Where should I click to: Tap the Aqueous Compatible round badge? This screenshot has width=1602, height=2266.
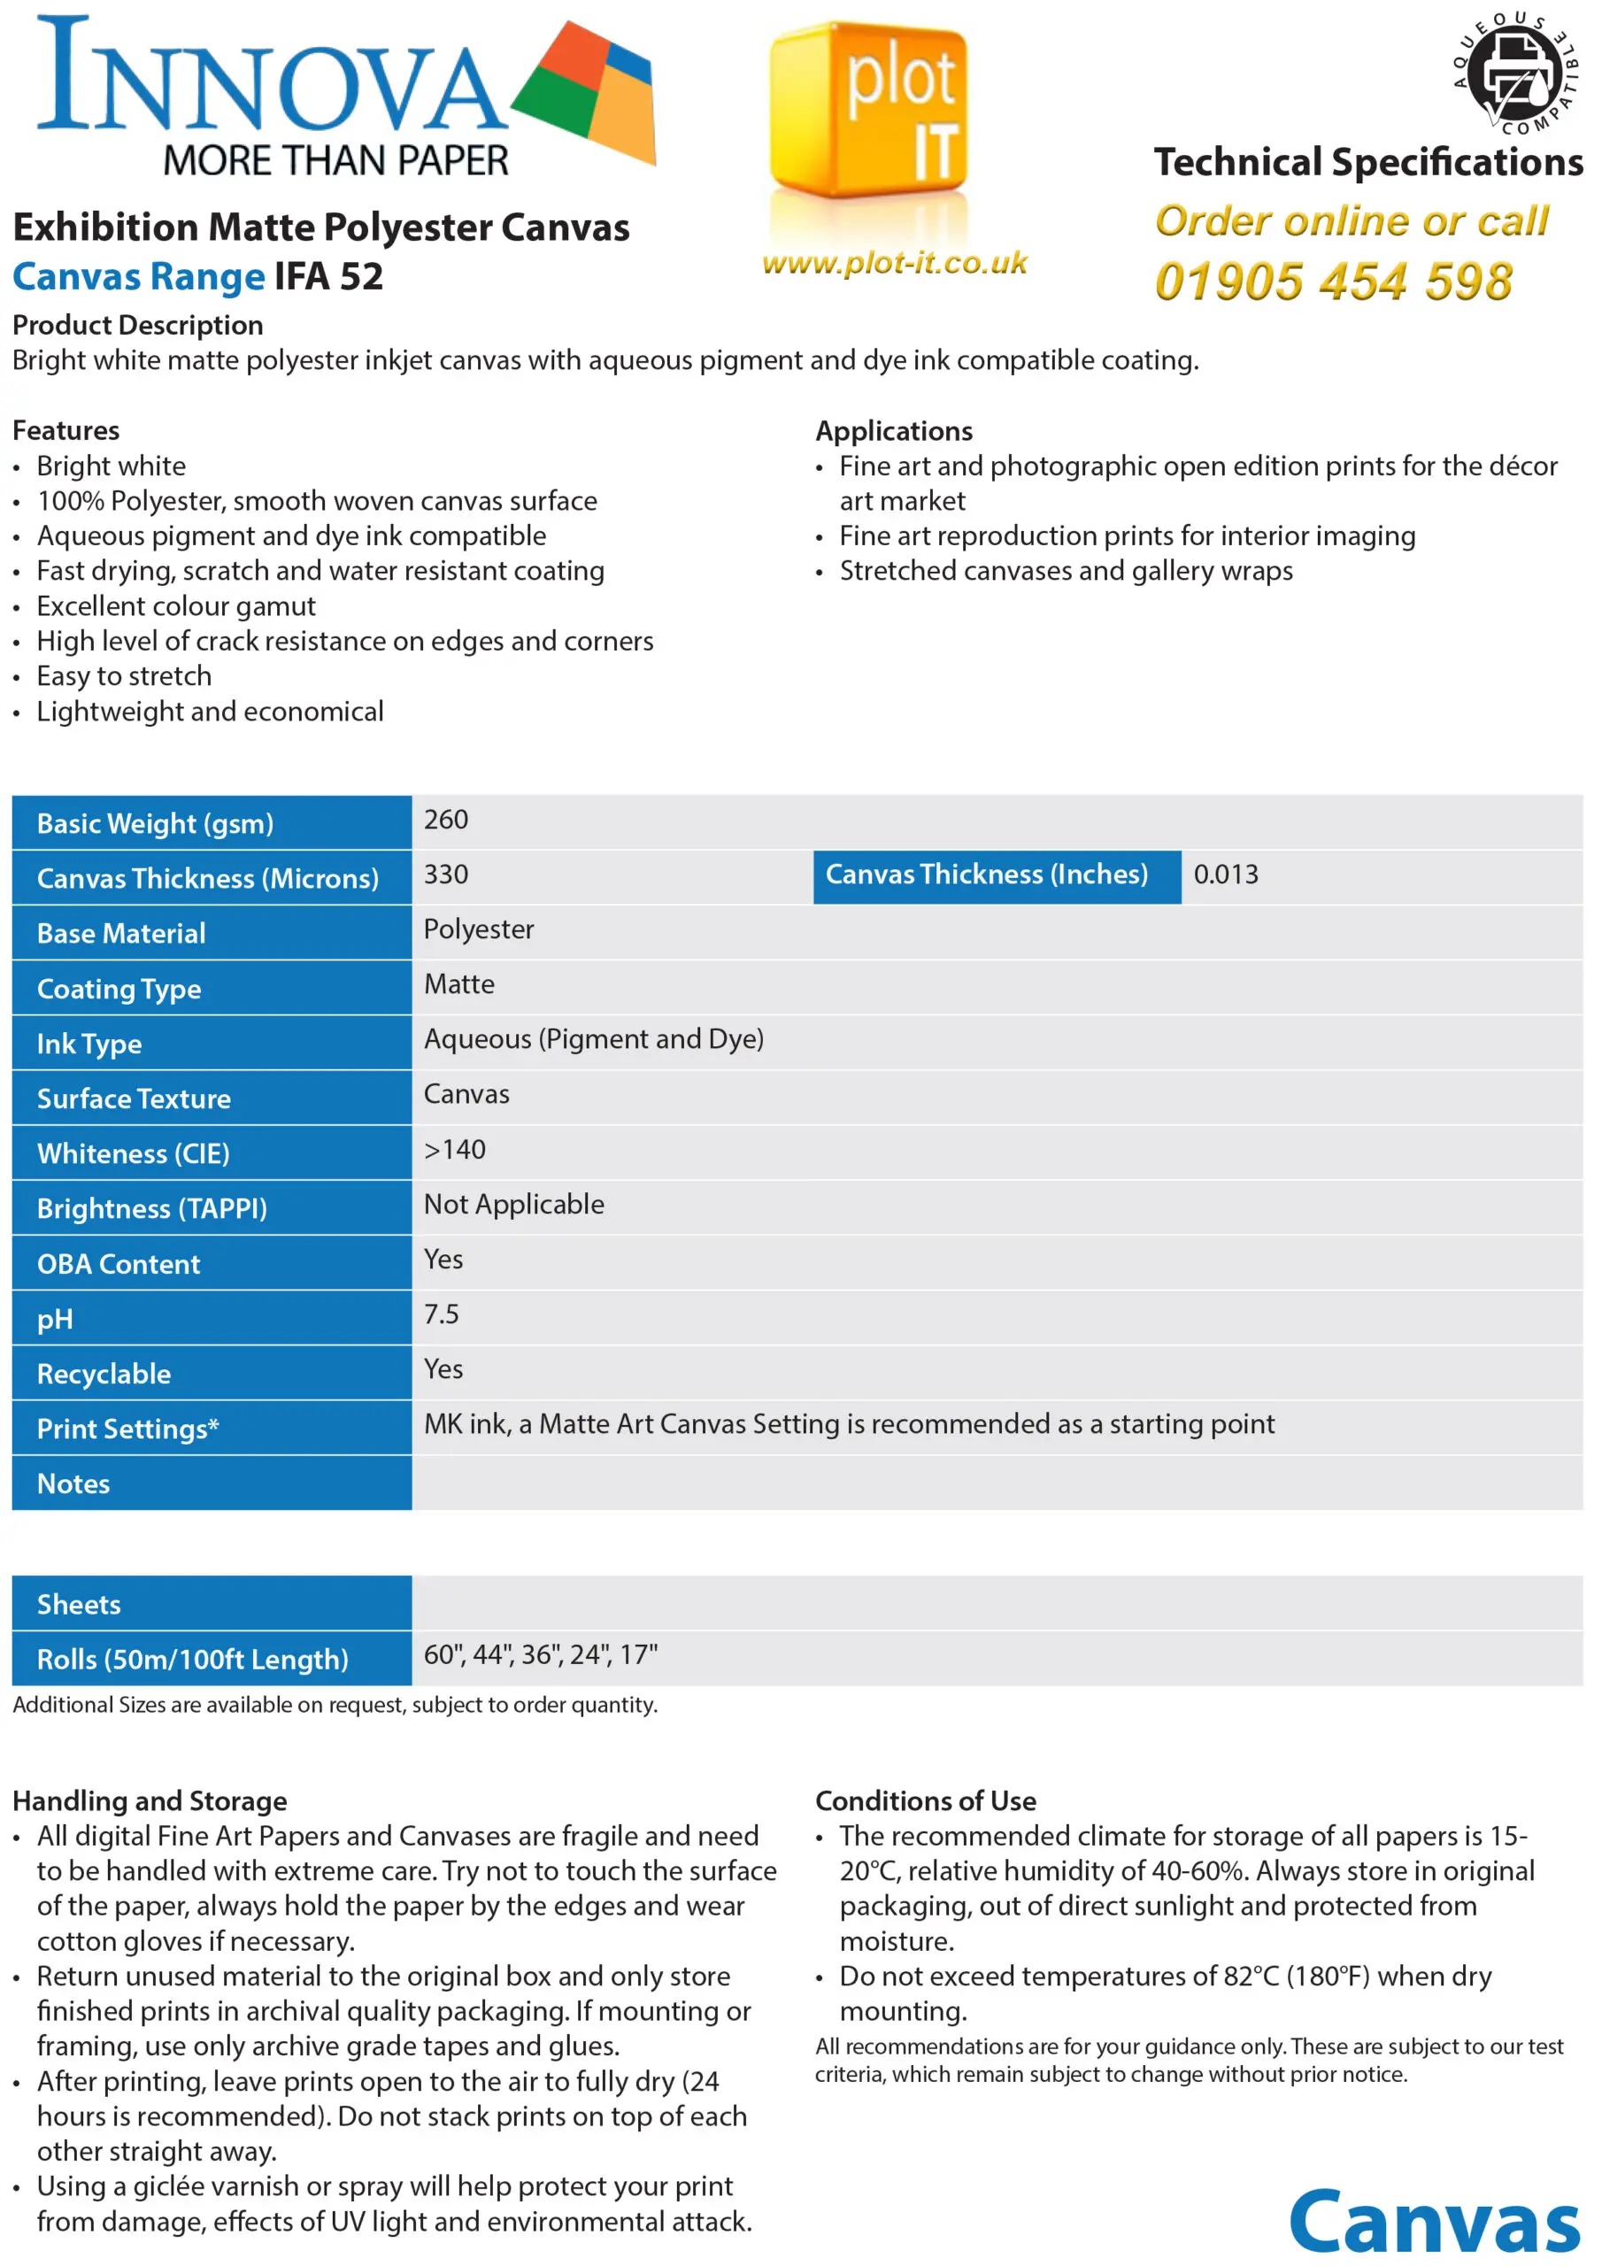1514,74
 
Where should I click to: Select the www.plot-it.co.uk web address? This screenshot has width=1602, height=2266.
894,263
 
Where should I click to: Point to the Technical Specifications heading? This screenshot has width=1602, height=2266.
1368,162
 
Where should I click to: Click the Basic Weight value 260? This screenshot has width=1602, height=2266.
446,821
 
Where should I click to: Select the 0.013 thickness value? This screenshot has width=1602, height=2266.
1225,875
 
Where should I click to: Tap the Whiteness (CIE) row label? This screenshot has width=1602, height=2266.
134,1153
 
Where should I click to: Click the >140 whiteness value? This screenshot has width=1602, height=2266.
454,1150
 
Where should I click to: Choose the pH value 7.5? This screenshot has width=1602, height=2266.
442,1314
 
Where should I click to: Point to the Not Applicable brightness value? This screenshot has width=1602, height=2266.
513,1205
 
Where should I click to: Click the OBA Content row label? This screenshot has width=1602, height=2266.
119,1264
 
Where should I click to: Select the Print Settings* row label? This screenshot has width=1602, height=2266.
127,1429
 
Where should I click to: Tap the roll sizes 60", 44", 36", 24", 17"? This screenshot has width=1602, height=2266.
540,1655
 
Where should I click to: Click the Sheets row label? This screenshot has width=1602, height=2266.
79,1605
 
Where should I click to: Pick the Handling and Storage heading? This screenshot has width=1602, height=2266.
149,1801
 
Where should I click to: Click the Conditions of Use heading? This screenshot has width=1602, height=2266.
925,1801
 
